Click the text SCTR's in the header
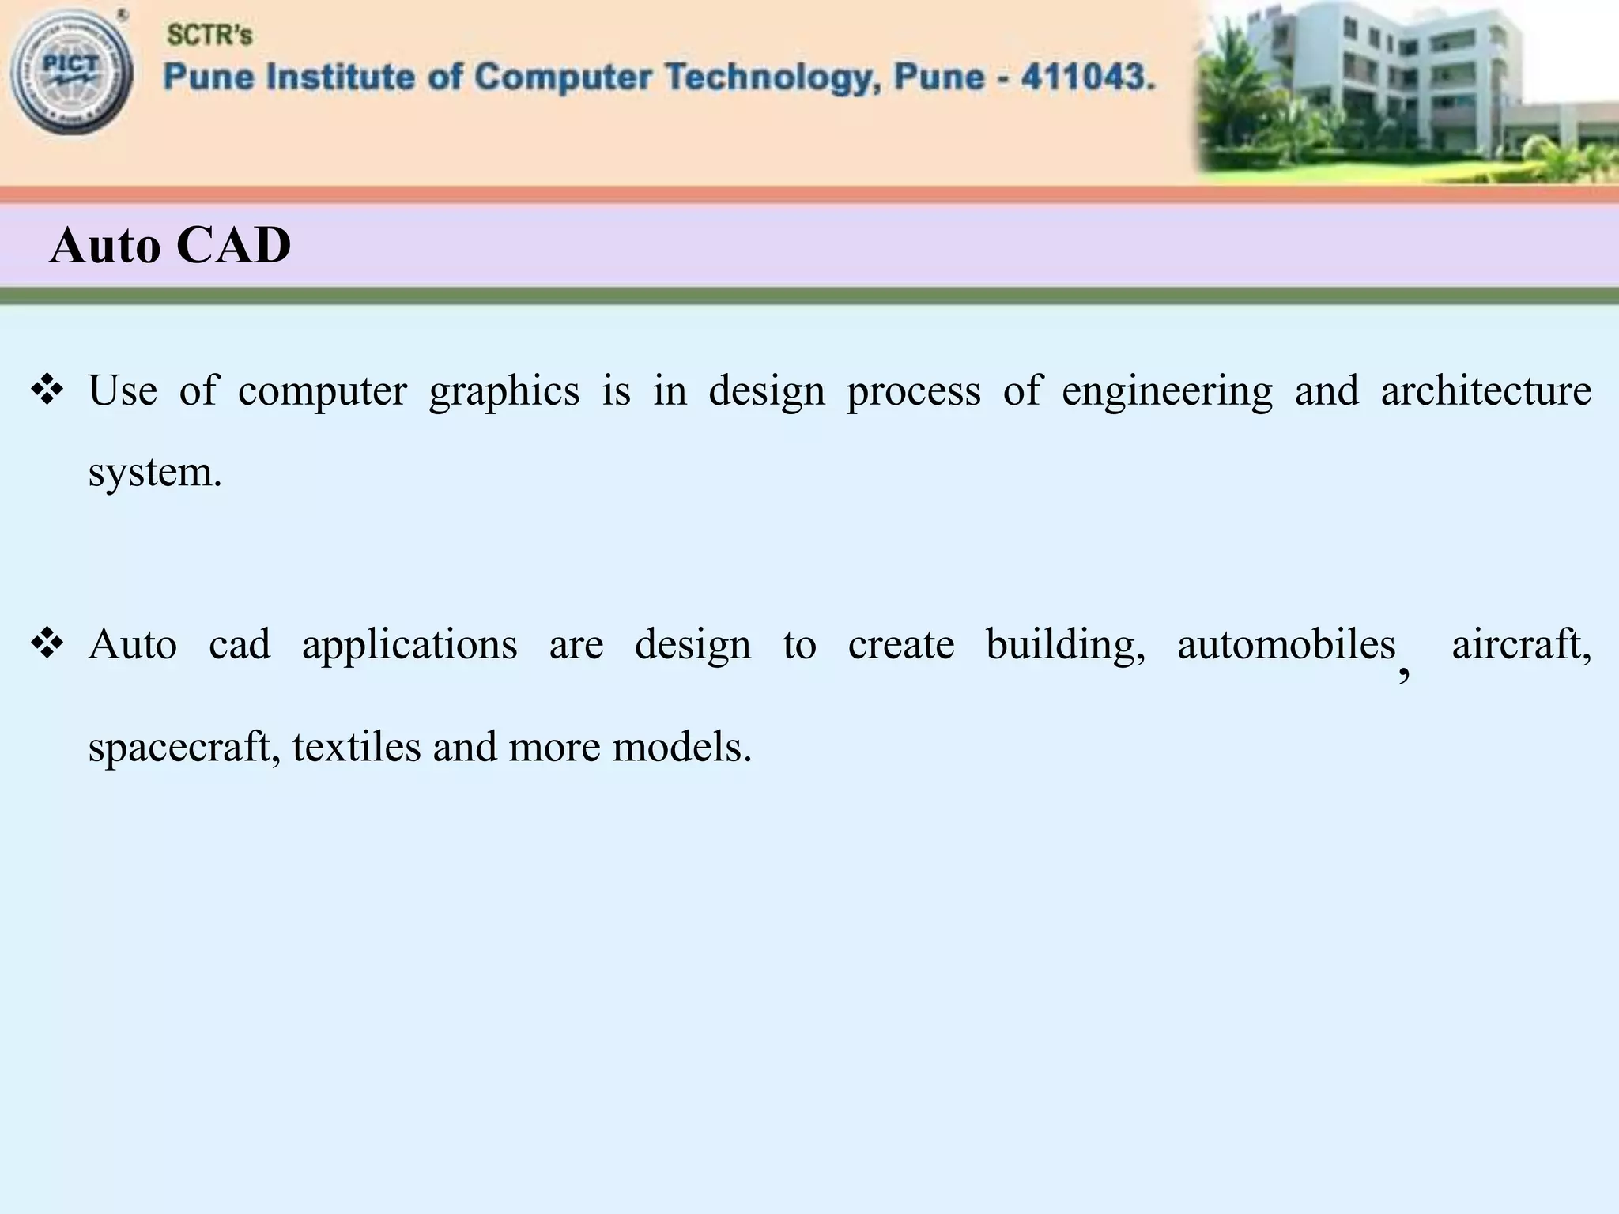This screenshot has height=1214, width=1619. tap(209, 35)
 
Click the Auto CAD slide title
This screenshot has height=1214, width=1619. tap(170, 245)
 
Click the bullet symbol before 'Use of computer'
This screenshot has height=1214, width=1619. tap(47, 390)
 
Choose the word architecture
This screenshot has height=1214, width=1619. tap(1486, 390)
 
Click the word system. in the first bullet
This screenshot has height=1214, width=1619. tap(155, 473)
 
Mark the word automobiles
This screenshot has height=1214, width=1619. tap(1286, 644)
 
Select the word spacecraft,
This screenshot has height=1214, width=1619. tap(184, 748)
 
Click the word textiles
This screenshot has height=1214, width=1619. tap(357, 746)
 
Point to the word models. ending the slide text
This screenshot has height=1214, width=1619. tap(681, 746)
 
